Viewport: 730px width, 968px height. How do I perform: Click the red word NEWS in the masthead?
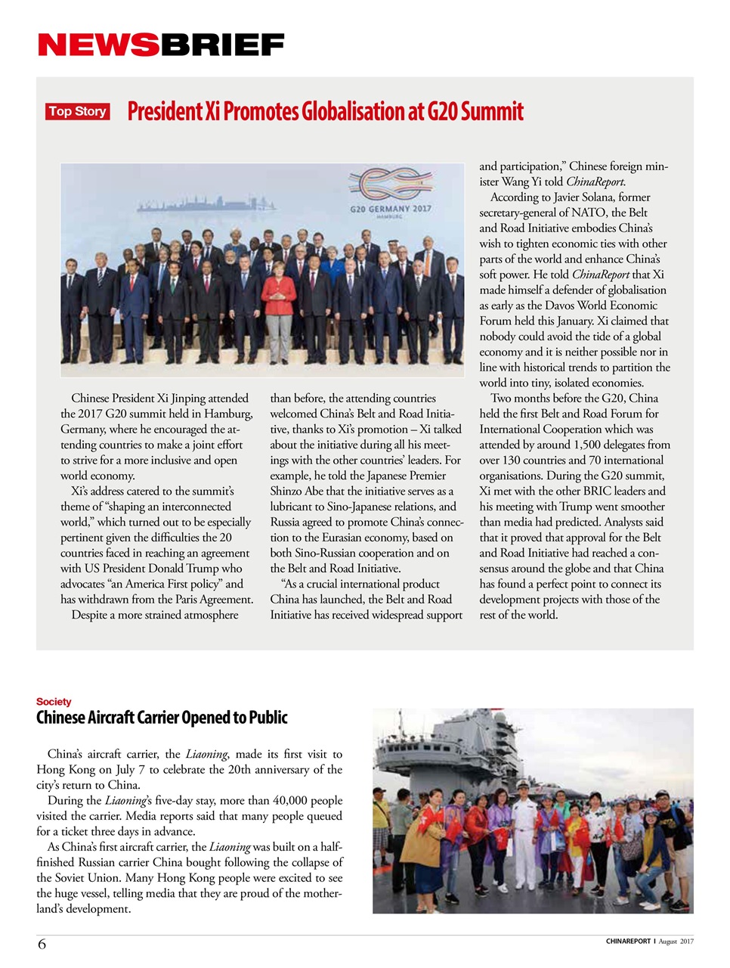[98, 45]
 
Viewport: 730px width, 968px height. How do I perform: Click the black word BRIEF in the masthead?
[221, 45]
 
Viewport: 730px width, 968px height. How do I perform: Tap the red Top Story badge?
[77, 111]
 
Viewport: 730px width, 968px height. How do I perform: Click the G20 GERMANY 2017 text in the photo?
[390, 208]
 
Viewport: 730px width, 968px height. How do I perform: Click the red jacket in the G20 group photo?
[279, 295]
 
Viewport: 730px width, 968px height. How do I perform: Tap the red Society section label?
[54, 702]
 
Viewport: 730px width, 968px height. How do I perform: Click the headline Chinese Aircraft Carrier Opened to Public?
[162, 718]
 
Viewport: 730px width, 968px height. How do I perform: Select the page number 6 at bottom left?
[42, 944]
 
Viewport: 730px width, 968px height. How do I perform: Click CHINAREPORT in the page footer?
[627, 942]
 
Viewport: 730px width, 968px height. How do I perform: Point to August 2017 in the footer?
[676, 942]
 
